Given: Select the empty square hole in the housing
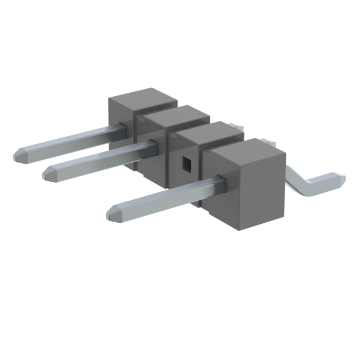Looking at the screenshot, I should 186,163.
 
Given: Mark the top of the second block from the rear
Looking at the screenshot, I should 175,116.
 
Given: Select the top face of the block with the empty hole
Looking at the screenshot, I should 208,133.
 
